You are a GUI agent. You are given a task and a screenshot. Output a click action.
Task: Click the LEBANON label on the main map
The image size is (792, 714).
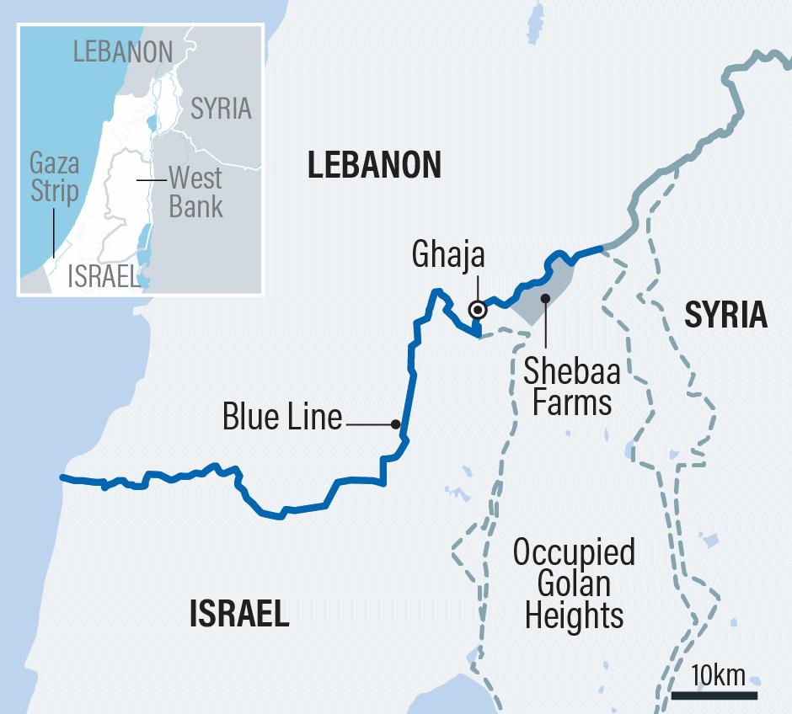373,165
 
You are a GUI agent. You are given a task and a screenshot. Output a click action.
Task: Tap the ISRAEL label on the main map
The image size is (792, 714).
239,614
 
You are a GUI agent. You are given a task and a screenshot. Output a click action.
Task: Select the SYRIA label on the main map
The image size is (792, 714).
725,314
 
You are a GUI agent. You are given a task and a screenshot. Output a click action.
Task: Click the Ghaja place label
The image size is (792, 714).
449,255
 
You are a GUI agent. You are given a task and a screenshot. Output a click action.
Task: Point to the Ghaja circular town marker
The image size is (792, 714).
478,310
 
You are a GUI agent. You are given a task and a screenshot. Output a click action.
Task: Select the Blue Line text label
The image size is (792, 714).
281,417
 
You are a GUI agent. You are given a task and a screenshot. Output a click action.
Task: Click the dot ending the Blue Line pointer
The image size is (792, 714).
394,424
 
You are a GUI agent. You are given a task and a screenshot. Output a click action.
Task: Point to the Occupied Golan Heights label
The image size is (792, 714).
574,583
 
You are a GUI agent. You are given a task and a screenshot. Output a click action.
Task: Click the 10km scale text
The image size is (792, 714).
718,675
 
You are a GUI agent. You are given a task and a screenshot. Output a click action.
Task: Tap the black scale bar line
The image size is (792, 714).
714,695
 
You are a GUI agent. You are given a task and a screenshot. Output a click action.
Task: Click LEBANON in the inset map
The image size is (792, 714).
123,51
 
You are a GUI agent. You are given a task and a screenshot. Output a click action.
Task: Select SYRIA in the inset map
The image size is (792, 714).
221,108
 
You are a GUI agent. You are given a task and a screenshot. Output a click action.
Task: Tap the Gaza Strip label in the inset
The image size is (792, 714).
54,176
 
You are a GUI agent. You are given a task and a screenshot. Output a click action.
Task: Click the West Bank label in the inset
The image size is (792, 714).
195,192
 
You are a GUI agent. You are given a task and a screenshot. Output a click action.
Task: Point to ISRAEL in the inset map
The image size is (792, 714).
103,277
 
